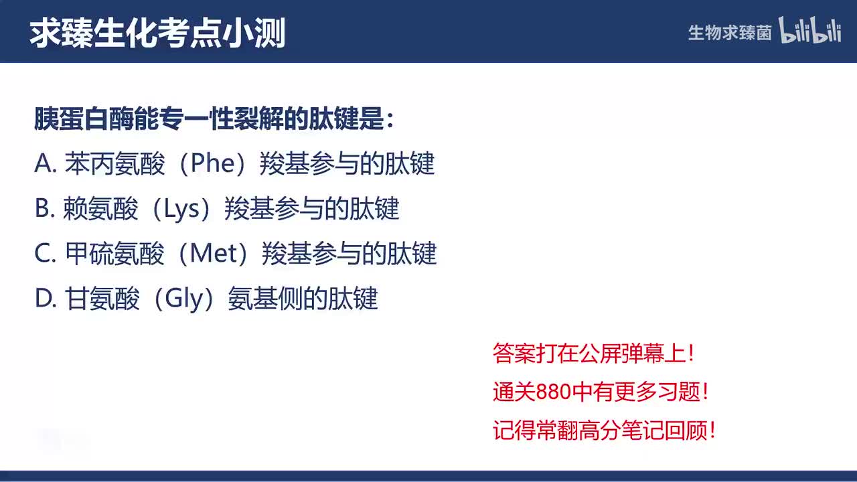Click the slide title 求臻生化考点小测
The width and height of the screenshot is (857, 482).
pyautogui.click(x=157, y=32)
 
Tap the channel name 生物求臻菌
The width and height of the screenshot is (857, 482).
pyautogui.click(x=730, y=33)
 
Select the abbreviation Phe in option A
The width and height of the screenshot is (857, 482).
pyautogui.click(x=212, y=164)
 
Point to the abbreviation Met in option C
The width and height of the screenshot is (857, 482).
pyautogui.click(x=215, y=254)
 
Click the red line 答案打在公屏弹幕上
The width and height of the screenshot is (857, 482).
pyautogui.click(x=594, y=353)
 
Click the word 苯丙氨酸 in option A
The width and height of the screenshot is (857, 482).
pyautogui.click(x=114, y=164)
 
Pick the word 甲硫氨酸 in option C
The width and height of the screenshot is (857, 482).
pyautogui.click(x=114, y=254)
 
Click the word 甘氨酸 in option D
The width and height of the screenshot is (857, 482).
pyautogui.click(x=102, y=299)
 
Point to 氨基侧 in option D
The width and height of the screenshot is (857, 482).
pyautogui.click(x=265, y=299)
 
